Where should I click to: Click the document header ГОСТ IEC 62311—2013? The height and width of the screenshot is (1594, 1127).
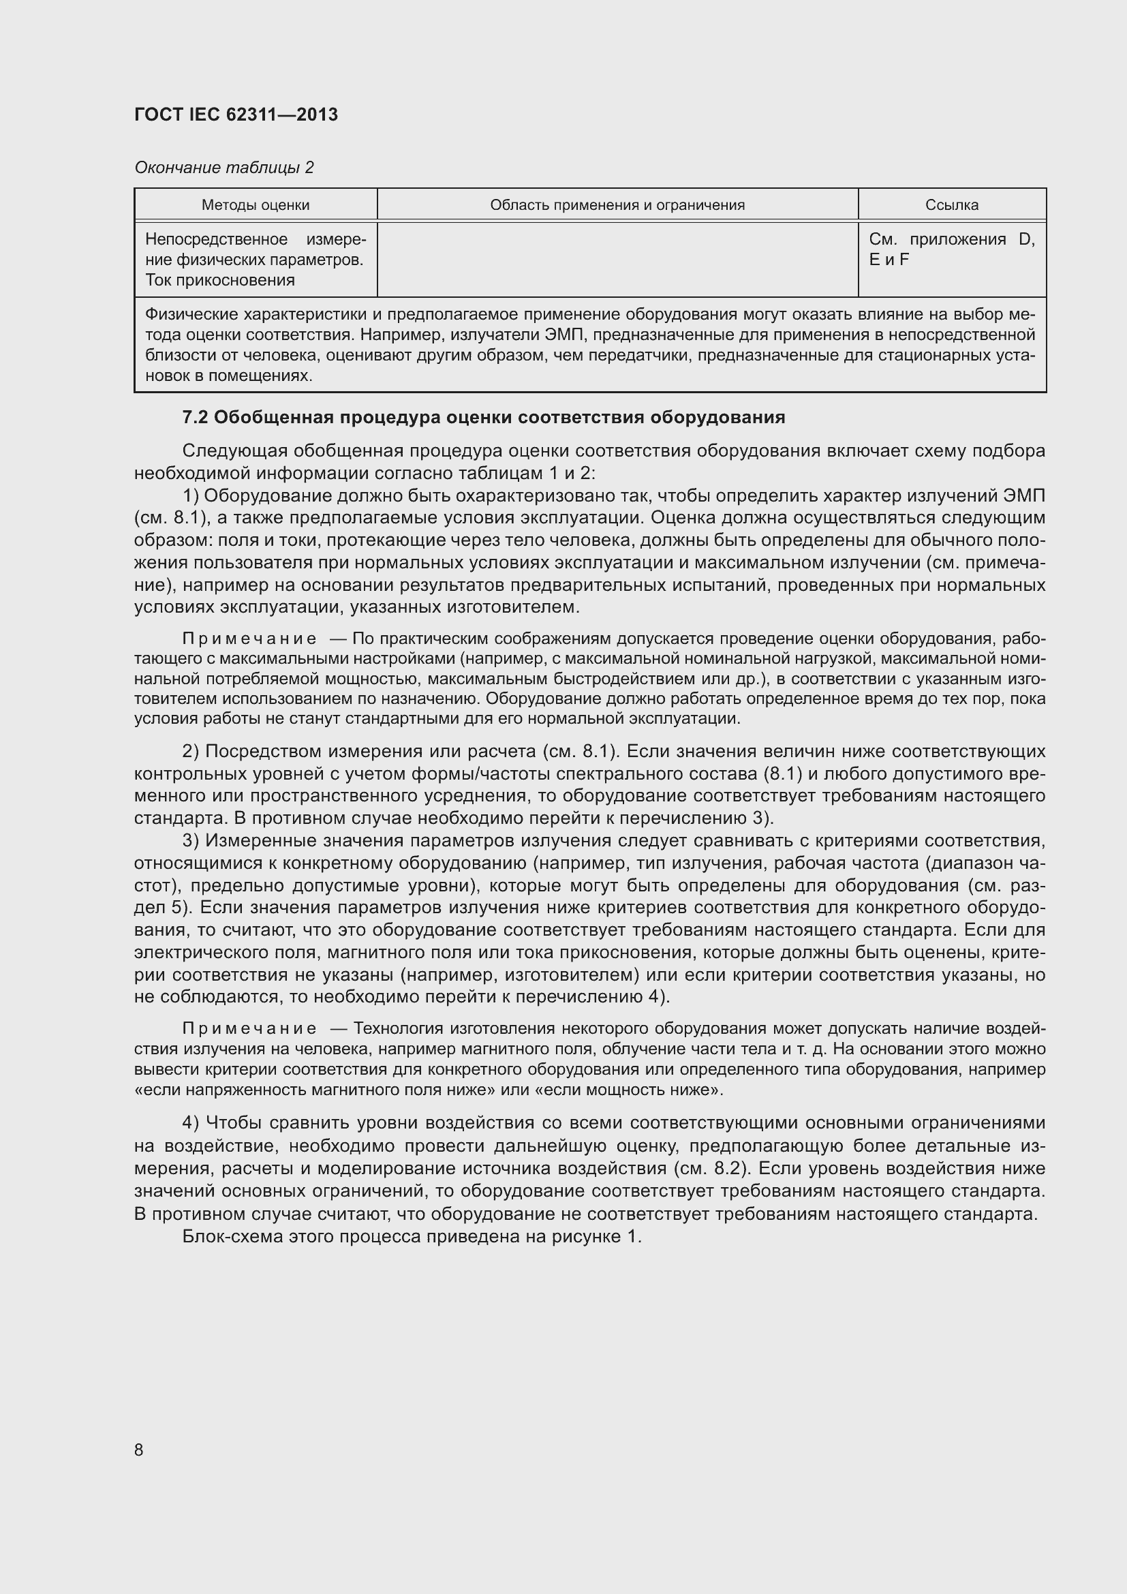236,114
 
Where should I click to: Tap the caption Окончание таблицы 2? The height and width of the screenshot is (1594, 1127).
224,168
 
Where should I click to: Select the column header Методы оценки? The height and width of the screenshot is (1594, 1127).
256,206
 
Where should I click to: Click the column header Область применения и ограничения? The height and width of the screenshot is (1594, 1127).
617,206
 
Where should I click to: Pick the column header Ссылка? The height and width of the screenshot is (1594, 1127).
951,206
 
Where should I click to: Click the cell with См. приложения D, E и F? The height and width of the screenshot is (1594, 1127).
951,249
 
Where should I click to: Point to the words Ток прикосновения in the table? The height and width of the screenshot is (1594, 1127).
220,281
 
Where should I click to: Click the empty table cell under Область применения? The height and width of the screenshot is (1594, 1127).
617,259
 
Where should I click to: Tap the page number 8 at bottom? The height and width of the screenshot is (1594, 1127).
139,1450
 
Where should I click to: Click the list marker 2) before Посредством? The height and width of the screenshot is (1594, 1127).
191,752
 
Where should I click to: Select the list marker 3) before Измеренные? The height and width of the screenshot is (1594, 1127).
191,842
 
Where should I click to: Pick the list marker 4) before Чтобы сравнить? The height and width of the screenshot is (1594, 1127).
191,1123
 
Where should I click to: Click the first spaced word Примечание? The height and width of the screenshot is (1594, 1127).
249,639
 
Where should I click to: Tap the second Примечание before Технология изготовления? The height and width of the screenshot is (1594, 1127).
249,1029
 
